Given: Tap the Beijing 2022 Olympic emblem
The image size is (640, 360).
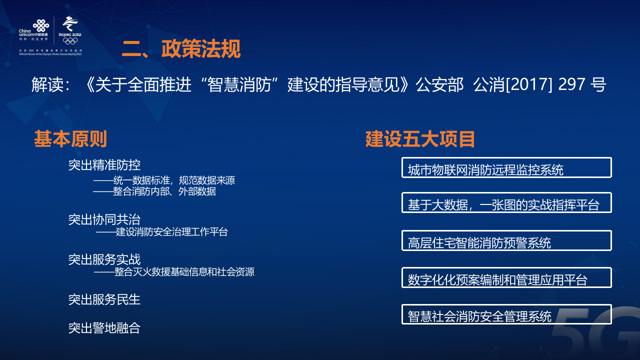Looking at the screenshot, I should click(x=70, y=30).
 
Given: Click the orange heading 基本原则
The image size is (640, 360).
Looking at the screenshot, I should click(x=70, y=139).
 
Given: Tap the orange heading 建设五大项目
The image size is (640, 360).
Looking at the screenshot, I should click(x=420, y=139).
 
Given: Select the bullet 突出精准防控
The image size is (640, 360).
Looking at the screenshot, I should click(x=104, y=165).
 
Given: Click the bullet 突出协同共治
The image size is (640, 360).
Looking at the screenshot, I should click(x=104, y=219).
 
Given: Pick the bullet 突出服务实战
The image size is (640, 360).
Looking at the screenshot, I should click(x=104, y=259).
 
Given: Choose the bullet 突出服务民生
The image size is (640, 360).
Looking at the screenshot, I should click(x=104, y=299).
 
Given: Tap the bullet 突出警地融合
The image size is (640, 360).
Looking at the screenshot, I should click(x=104, y=328).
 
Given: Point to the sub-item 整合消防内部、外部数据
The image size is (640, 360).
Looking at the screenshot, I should click(x=154, y=191).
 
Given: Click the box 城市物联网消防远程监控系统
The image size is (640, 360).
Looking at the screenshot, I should click(x=506, y=168).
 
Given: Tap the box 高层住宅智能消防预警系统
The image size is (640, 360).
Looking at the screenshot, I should click(x=506, y=241).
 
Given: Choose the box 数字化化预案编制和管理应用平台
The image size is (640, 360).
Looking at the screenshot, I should click(x=506, y=278).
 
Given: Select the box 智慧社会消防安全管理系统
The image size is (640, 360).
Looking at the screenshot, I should click(x=506, y=314).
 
